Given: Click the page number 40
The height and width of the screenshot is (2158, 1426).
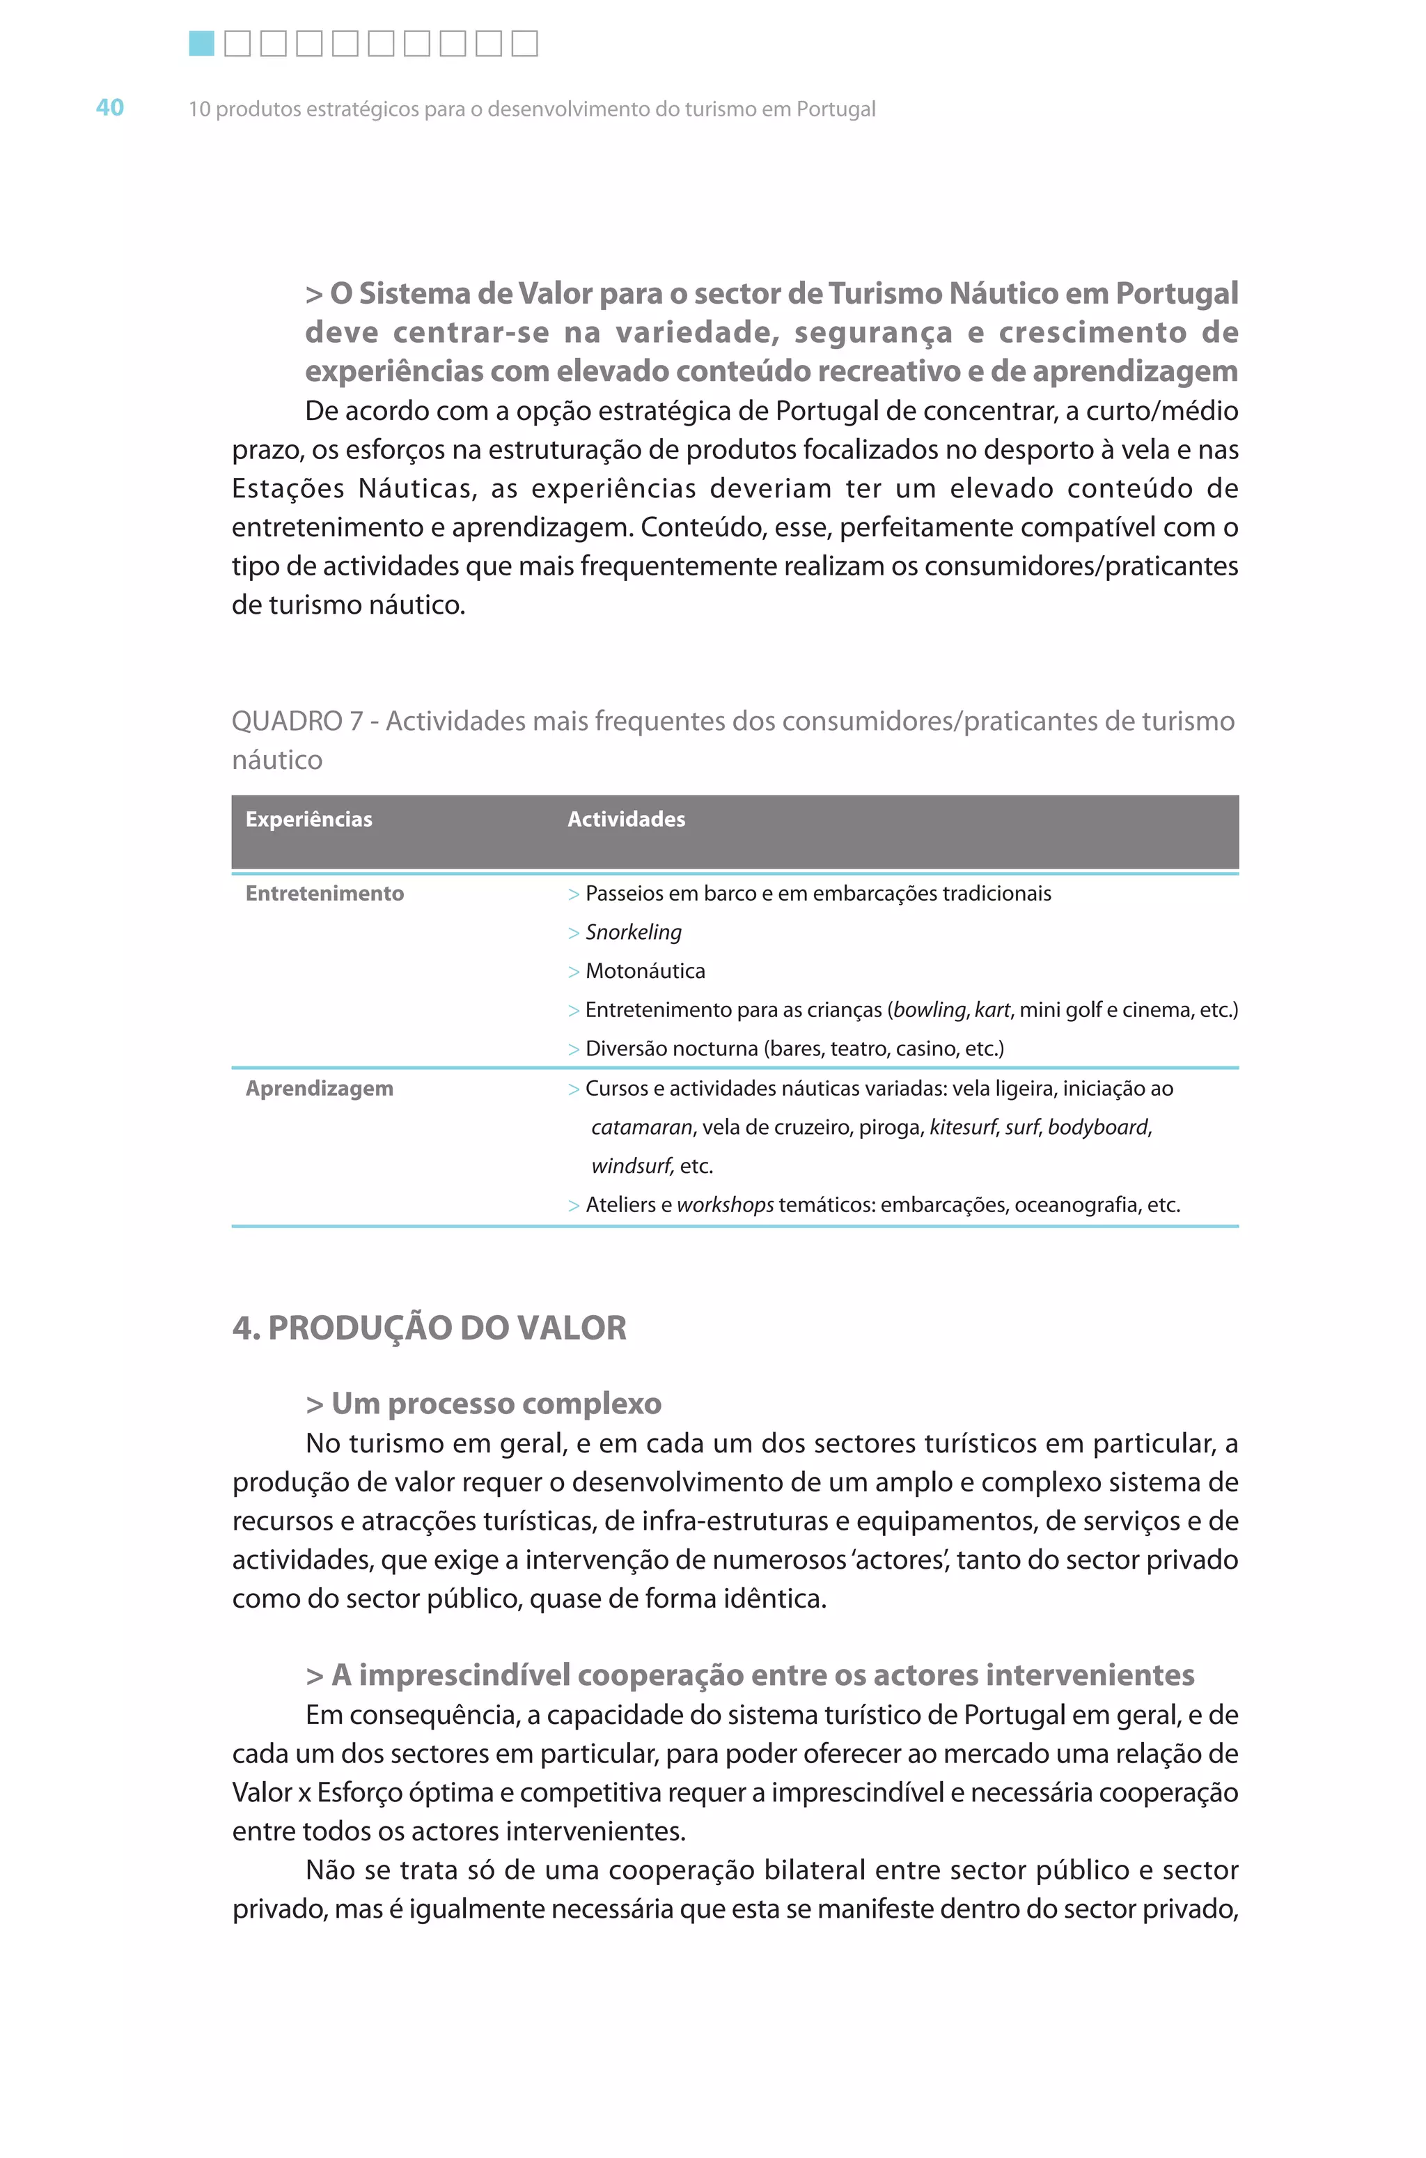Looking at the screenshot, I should point(109,107).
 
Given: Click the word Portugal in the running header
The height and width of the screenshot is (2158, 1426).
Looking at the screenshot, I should point(835,109).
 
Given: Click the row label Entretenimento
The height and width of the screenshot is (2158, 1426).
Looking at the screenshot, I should point(324,894).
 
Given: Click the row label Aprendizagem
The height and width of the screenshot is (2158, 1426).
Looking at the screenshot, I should point(319,1088).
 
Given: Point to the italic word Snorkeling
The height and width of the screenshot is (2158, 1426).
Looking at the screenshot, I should point(633,933).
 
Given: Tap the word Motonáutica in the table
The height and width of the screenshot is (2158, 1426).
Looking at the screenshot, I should point(645,971).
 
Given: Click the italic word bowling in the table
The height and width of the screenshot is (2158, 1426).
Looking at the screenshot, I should point(930,1010).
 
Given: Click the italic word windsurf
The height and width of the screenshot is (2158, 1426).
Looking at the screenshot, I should point(631,1166).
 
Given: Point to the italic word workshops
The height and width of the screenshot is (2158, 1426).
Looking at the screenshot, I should point(725,1206).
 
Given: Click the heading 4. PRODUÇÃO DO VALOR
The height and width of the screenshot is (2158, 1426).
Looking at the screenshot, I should point(429,1328).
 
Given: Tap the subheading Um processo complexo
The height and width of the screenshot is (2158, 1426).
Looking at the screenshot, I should point(496,1404).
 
